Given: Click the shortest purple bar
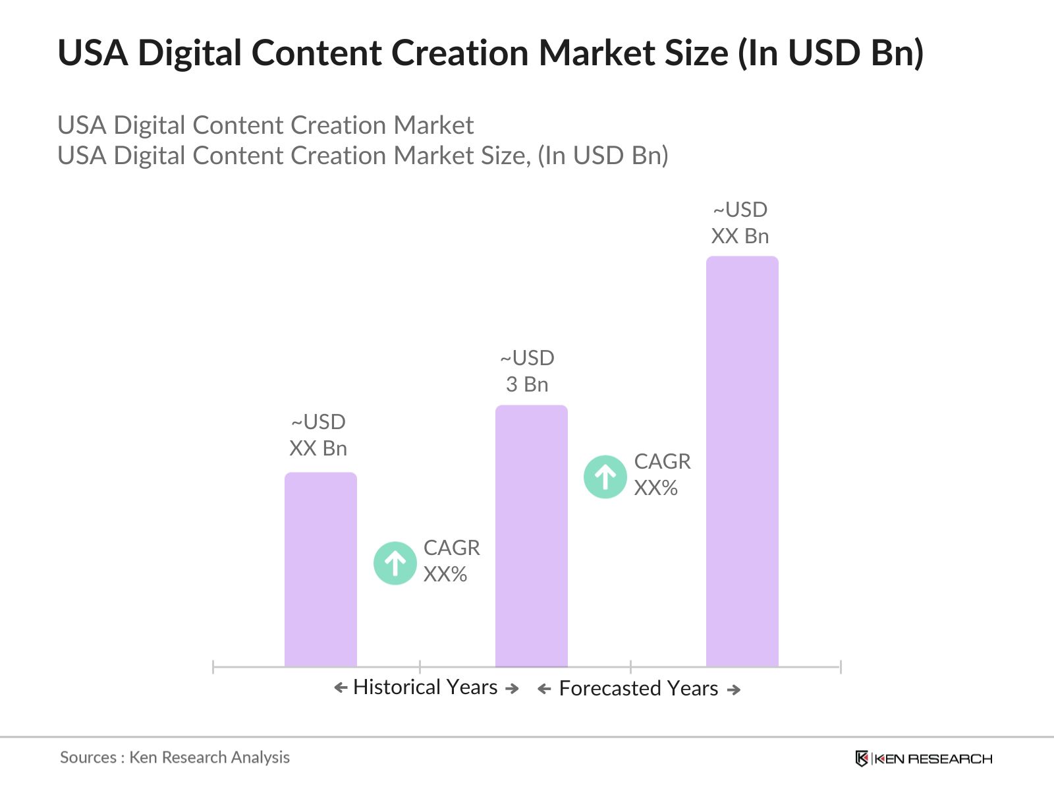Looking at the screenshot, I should point(320,570).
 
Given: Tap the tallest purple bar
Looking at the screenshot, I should point(742,461).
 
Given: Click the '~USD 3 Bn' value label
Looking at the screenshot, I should point(527,371).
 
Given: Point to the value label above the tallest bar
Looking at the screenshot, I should point(740,223).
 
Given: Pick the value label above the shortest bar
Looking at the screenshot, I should point(318,435).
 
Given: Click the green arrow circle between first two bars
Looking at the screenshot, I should point(395,563).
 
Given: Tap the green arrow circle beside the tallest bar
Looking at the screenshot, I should point(605,477).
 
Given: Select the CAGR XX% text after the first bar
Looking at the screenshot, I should point(451,561).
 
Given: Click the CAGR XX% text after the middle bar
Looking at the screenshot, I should point(662,475).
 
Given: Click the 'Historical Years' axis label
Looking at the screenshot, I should point(425,688).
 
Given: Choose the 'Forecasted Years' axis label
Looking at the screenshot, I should point(638,689).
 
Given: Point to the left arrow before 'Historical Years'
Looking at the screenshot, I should point(341,688).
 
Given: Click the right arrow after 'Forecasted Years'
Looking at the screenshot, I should point(734,690).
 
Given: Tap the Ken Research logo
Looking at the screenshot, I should point(924,759).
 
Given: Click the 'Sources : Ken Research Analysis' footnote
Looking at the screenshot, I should point(175,757).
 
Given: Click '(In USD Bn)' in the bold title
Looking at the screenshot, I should point(830,53).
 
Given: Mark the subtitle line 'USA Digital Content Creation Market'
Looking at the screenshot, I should point(265,125).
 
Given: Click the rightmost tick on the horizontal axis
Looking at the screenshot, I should point(841,667).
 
